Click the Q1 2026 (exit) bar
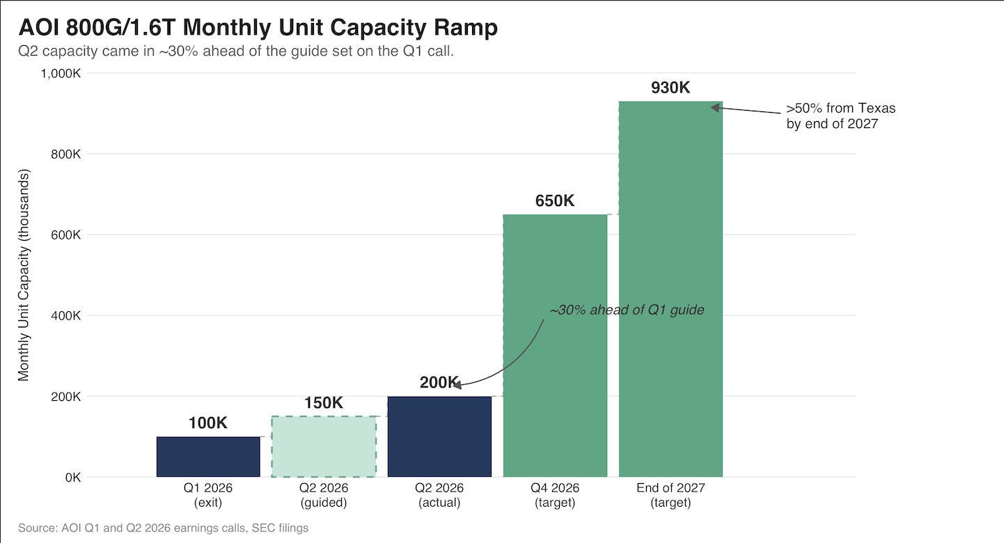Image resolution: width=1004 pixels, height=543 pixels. (208, 457)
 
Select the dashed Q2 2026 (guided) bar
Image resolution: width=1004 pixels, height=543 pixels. (324, 447)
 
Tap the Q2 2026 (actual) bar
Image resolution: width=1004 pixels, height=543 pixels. (439, 436)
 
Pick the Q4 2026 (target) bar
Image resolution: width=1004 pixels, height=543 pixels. (555, 345)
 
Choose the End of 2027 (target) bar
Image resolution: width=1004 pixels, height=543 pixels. (670, 289)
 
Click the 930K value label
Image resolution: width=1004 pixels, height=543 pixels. (670, 87)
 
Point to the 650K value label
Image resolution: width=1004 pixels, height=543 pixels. (554, 200)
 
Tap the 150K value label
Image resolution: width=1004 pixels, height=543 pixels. (324, 403)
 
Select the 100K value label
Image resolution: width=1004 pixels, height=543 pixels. (208, 423)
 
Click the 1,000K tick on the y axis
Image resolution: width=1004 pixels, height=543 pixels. (61, 73)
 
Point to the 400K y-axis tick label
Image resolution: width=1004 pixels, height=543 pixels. (66, 316)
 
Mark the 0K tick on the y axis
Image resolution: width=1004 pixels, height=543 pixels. (73, 478)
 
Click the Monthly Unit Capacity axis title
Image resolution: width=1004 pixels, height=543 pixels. (23, 275)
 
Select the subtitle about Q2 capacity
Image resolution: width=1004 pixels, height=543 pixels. (236, 51)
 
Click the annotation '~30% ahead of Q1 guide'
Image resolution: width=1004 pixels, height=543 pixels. (627, 310)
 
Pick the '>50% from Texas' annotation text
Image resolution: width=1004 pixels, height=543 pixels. (841, 116)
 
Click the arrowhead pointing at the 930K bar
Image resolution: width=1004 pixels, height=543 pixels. (715, 107)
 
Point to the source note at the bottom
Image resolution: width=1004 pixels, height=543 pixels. (163, 528)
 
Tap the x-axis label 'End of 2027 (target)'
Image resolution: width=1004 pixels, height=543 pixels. (670, 495)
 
